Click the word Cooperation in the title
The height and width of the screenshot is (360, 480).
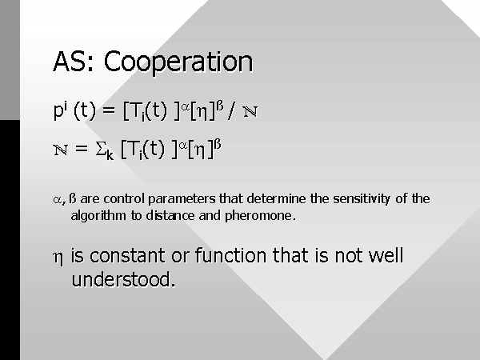pos(178,62)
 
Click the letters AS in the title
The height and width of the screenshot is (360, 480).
pos(70,62)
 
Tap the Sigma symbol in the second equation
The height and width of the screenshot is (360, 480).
pos(101,149)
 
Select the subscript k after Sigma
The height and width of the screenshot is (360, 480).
pos(110,155)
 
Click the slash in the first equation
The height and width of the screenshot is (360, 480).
pos(232,110)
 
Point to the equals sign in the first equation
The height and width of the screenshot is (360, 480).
pos(109,110)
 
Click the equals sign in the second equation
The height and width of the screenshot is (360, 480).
pos(81,149)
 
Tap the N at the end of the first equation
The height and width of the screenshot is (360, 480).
pos(250,111)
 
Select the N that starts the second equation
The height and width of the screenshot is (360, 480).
pos(60,150)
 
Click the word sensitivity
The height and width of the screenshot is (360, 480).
pos(362,199)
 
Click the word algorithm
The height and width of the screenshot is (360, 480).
pos(98,216)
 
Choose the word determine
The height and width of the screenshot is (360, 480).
pos(276,198)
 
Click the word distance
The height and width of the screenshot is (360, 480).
pos(171,215)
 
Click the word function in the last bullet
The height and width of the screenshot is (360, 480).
pos(230,255)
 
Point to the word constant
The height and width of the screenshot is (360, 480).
pos(127,256)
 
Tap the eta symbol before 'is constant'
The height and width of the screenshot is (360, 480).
pos(58,258)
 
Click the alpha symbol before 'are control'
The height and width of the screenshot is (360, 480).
pos(58,200)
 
